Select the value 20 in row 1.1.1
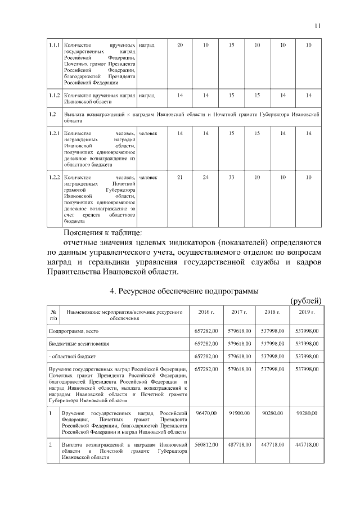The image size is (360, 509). (180, 45)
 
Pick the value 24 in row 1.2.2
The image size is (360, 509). (206, 178)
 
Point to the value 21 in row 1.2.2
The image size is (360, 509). (180, 178)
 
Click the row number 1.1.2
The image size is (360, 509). (54, 96)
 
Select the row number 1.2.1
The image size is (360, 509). (54, 133)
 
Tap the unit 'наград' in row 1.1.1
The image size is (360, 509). (147, 45)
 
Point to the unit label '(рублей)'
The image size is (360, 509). (305, 301)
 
